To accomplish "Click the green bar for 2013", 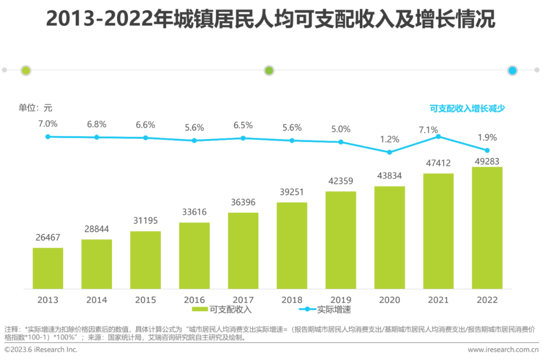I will (x=48, y=268).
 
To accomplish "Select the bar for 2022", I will (x=487, y=228).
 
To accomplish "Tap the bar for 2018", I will (x=292, y=245).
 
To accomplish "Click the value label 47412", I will (x=438, y=163).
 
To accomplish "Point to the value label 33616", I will (x=194, y=212).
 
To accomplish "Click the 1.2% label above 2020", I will (x=390, y=139).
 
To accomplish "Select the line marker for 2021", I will (x=438, y=136).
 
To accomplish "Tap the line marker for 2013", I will (x=48, y=136).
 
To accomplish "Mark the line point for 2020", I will (x=389, y=152).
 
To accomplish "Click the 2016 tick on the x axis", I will (x=194, y=300).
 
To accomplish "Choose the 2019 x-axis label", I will (x=341, y=300).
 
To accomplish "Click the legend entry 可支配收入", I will (x=222, y=310).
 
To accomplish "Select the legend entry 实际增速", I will (x=325, y=310).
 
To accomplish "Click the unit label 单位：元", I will (x=35, y=108).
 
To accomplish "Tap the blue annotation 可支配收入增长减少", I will (x=467, y=108).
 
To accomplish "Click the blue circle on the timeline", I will (x=513, y=71).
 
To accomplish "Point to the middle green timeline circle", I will (x=269, y=71).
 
